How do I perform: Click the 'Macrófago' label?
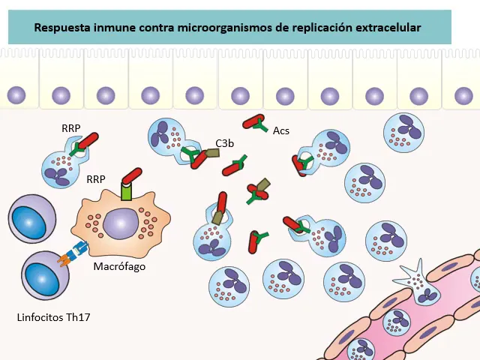pos(119,266)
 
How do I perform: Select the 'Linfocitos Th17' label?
pos(53,317)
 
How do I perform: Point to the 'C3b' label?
pos(225,143)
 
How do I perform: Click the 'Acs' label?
pos(281,130)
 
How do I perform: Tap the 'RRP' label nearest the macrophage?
pos(96,179)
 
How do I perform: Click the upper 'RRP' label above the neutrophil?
pos(71,128)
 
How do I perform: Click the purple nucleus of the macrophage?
pos(121,223)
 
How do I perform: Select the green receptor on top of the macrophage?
pos(126,192)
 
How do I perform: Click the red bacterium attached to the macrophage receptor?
pos(132,176)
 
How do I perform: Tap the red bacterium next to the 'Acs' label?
pos(253,121)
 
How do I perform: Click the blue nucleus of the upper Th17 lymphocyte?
pos(29,220)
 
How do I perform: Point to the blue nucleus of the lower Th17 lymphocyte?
pos(43,277)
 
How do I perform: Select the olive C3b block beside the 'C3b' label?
pos(212,153)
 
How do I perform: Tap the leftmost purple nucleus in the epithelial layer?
pos(16,95)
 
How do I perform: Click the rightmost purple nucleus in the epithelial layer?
pos(463,95)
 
